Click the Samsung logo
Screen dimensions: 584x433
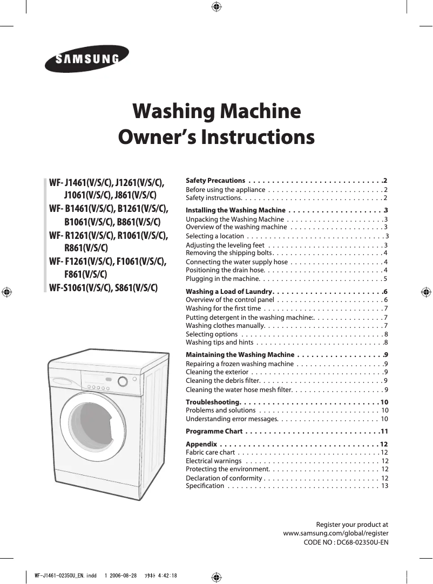click(86, 59)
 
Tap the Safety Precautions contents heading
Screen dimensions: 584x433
click(215, 180)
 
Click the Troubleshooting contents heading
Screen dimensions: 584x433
click(213, 402)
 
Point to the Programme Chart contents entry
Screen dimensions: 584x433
click(214, 431)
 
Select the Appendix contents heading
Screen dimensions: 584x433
click(201, 444)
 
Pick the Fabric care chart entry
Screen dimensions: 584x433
click(210, 452)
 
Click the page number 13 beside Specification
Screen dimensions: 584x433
click(384, 486)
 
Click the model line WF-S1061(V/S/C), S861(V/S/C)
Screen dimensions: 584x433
click(104, 287)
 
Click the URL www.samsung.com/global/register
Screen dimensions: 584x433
click(336, 533)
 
